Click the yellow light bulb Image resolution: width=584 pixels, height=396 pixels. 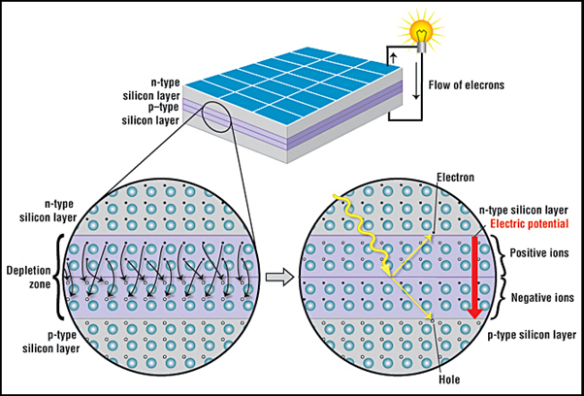click(x=421, y=34)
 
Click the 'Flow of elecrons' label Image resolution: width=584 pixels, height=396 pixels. click(x=467, y=85)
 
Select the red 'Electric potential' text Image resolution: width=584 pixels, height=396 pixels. click(x=530, y=224)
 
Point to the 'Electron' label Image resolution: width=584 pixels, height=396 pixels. click(x=456, y=178)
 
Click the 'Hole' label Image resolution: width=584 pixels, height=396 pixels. click(x=449, y=379)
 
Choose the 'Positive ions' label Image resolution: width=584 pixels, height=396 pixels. click(x=539, y=253)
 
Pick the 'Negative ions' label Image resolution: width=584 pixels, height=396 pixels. click(x=542, y=298)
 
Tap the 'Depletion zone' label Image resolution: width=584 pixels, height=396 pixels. click(x=28, y=277)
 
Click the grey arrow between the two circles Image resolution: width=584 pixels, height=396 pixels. click(x=279, y=278)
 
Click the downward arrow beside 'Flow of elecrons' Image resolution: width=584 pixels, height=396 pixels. click(x=416, y=81)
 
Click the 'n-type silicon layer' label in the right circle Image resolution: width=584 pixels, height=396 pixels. click(x=529, y=210)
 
